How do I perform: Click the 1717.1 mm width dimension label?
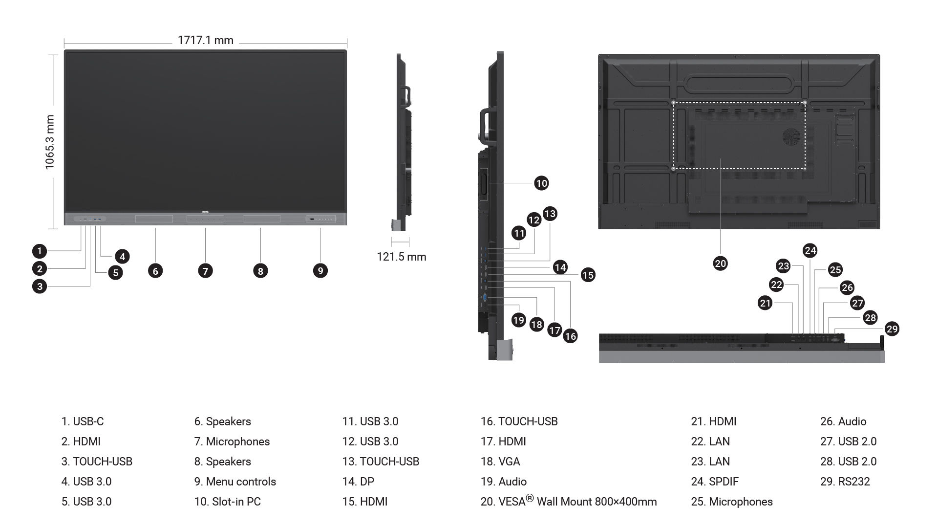[205, 40]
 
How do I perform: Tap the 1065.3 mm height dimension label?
[50, 142]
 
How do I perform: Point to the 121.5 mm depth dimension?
[401, 257]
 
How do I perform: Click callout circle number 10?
[541, 183]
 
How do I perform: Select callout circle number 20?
[720, 264]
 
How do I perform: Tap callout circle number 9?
[320, 270]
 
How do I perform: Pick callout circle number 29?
[892, 329]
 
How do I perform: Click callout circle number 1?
[40, 251]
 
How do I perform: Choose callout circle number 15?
[588, 275]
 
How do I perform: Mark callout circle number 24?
[810, 250]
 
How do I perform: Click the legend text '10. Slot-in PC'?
[227, 502]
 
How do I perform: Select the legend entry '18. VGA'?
[500, 462]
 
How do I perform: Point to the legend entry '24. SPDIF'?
[715, 482]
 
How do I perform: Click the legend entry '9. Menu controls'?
[235, 482]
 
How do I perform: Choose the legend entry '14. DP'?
[358, 482]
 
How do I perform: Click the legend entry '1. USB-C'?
[83, 421]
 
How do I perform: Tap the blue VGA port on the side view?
[485, 297]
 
